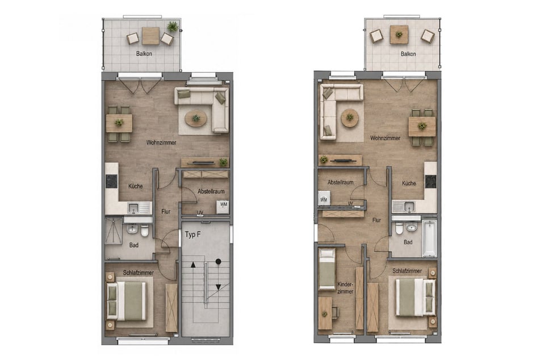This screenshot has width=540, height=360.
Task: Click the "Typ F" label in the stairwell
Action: (x=192, y=235)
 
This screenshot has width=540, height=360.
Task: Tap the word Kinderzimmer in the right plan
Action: (x=345, y=288)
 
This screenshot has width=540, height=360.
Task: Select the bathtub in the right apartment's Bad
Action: (x=429, y=238)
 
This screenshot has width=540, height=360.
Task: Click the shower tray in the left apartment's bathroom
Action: (x=114, y=231)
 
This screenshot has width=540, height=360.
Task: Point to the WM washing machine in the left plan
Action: (x=223, y=206)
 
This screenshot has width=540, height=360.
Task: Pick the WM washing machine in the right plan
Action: (x=324, y=198)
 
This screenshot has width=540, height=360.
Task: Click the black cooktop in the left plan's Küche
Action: (x=112, y=181)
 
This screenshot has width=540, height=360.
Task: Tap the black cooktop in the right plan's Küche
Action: (x=431, y=182)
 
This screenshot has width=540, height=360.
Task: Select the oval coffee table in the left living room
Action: (x=196, y=119)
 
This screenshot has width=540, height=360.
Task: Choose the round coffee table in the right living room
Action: (x=350, y=118)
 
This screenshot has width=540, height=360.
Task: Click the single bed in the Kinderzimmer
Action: (x=326, y=269)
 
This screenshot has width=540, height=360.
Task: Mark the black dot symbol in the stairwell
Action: (x=218, y=262)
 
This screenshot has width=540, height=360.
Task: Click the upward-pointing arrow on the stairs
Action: (x=193, y=265)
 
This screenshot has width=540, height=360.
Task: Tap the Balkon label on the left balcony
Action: (x=144, y=54)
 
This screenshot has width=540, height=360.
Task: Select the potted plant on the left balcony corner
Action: (x=173, y=26)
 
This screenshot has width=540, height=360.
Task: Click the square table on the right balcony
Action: (x=399, y=35)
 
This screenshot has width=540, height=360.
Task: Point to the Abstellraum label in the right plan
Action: (x=340, y=182)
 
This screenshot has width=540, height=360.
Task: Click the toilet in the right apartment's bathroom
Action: (x=399, y=228)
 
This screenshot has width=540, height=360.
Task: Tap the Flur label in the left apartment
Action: (x=166, y=212)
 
